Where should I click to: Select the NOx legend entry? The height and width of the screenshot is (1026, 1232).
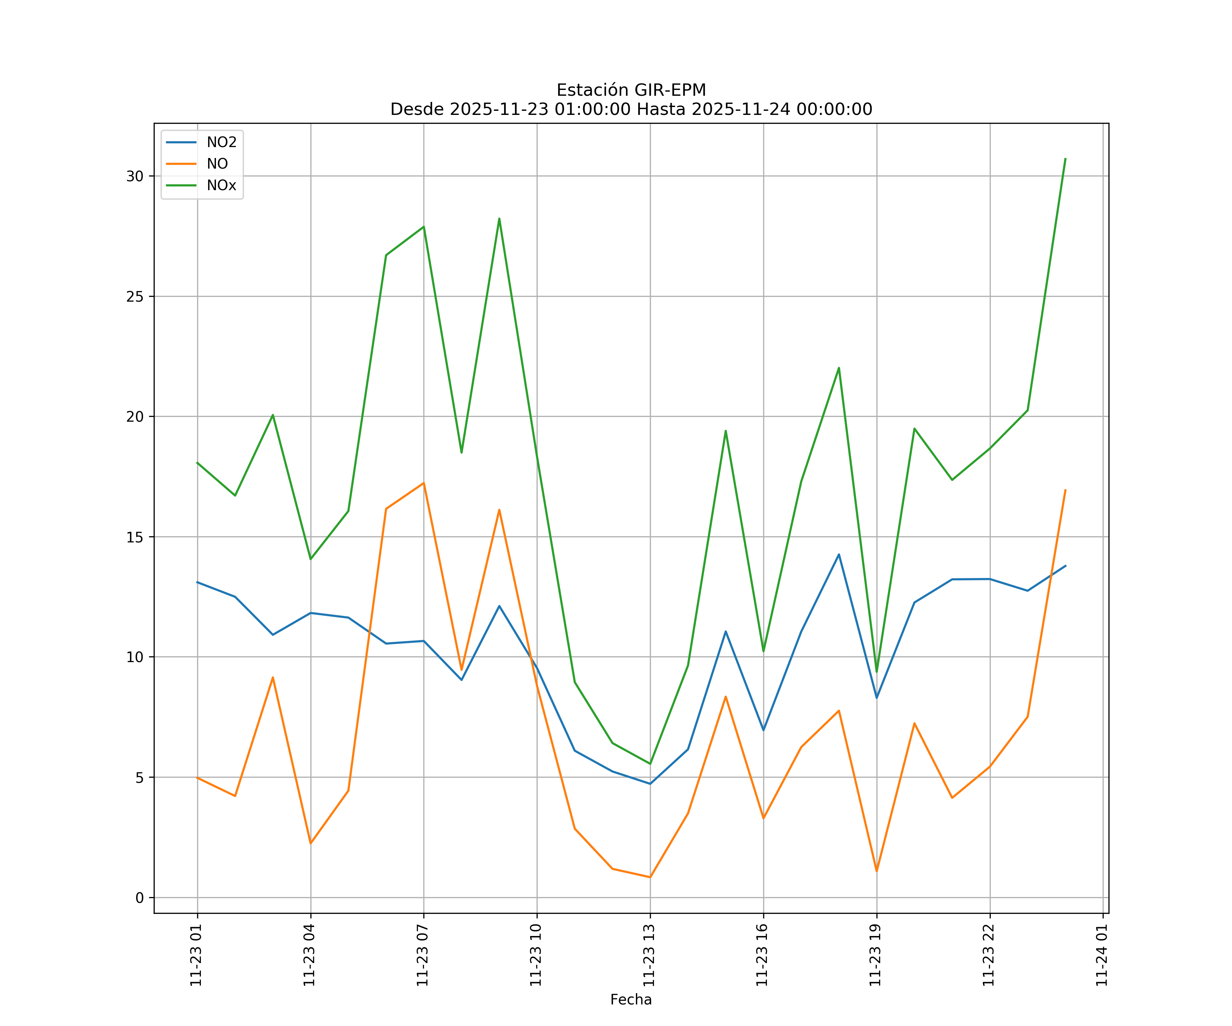(x=221, y=186)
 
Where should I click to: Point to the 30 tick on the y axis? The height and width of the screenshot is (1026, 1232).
(x=135, y=176)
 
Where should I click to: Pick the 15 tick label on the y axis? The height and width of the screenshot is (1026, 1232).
(x=135, y=537)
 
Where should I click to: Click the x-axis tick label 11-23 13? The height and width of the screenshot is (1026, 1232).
(x=649, y=955)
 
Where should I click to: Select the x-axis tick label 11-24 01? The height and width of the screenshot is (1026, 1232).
(x=1102, y=955)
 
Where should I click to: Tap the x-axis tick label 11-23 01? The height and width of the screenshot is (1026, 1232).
(x=196, y=955)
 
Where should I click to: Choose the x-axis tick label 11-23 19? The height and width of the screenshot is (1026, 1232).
(x=875, y=955)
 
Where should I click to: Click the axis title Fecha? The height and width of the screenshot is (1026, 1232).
(x=631, y=1000)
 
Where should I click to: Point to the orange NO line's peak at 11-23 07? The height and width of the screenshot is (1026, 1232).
(x=424, y=483)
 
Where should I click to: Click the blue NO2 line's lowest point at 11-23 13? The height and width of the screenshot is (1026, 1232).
(x=650, y=784)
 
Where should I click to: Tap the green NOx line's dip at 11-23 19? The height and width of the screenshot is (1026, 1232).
(x=876, y=672)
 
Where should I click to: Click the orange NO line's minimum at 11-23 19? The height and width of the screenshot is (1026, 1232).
(x=876, y=871)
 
